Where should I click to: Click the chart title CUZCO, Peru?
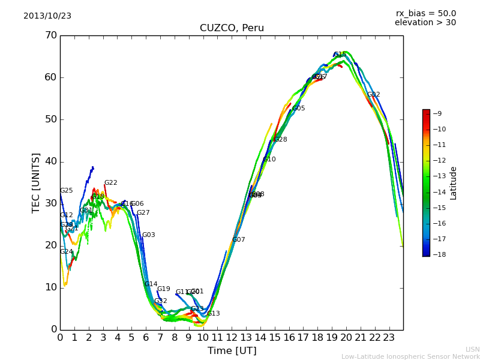pos(232,28)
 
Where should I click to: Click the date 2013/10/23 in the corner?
pos(47,16)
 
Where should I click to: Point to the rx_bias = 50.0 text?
pos(425,14)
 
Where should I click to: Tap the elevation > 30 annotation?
pos(425,23)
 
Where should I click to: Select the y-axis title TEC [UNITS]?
pos(36,182)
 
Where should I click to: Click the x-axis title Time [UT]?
pos(232,351)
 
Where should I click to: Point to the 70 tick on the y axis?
pos(51,35)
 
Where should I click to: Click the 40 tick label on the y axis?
pos(51,161)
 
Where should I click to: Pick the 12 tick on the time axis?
pos(232,338)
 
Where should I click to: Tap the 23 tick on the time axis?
pos(389,338)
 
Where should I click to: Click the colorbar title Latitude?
pos(454,183)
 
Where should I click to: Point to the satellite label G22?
pos(110,183)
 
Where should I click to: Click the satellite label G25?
pos(66,191)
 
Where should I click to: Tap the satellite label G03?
pos(148,235)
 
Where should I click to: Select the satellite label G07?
pos(238,240)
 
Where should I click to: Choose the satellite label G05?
pos(298,109)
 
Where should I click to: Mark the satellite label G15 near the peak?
pos(340,55)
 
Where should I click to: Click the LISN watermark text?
pos(472,349)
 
